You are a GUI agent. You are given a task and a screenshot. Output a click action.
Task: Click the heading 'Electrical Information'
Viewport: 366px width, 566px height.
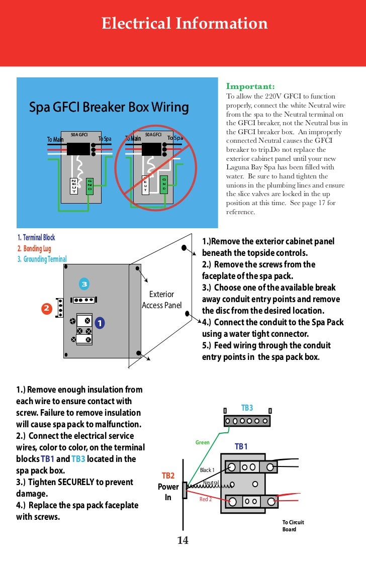[185, 24]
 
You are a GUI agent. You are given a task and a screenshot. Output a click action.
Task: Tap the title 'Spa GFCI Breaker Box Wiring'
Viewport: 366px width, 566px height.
[109, 107]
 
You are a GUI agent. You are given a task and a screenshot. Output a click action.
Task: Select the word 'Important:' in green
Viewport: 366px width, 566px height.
[250, 86]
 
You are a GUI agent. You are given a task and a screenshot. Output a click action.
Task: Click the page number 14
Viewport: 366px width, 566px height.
[182, 540]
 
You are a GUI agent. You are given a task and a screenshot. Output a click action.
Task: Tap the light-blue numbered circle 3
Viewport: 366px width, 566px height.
[84, 285]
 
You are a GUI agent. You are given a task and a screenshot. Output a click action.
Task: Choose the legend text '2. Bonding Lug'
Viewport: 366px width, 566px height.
[34, 248]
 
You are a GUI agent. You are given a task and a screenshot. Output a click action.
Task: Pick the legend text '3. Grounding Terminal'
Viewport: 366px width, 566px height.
[42, 259]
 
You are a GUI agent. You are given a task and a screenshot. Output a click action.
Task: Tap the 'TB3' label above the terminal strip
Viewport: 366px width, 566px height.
[247, 408]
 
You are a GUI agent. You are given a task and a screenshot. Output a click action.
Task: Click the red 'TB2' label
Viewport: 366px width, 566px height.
[168, 476]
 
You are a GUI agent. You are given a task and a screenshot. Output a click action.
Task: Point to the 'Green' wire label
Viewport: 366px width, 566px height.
[202, 443]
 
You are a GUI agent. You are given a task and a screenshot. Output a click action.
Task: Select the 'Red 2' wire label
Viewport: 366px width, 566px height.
[206, 499]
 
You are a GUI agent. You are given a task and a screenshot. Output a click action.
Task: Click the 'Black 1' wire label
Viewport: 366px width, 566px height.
[207, 470]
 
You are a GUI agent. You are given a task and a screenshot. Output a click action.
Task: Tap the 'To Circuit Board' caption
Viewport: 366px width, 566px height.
[293, 526]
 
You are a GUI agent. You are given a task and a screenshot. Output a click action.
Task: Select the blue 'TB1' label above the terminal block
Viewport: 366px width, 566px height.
[241, 446]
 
